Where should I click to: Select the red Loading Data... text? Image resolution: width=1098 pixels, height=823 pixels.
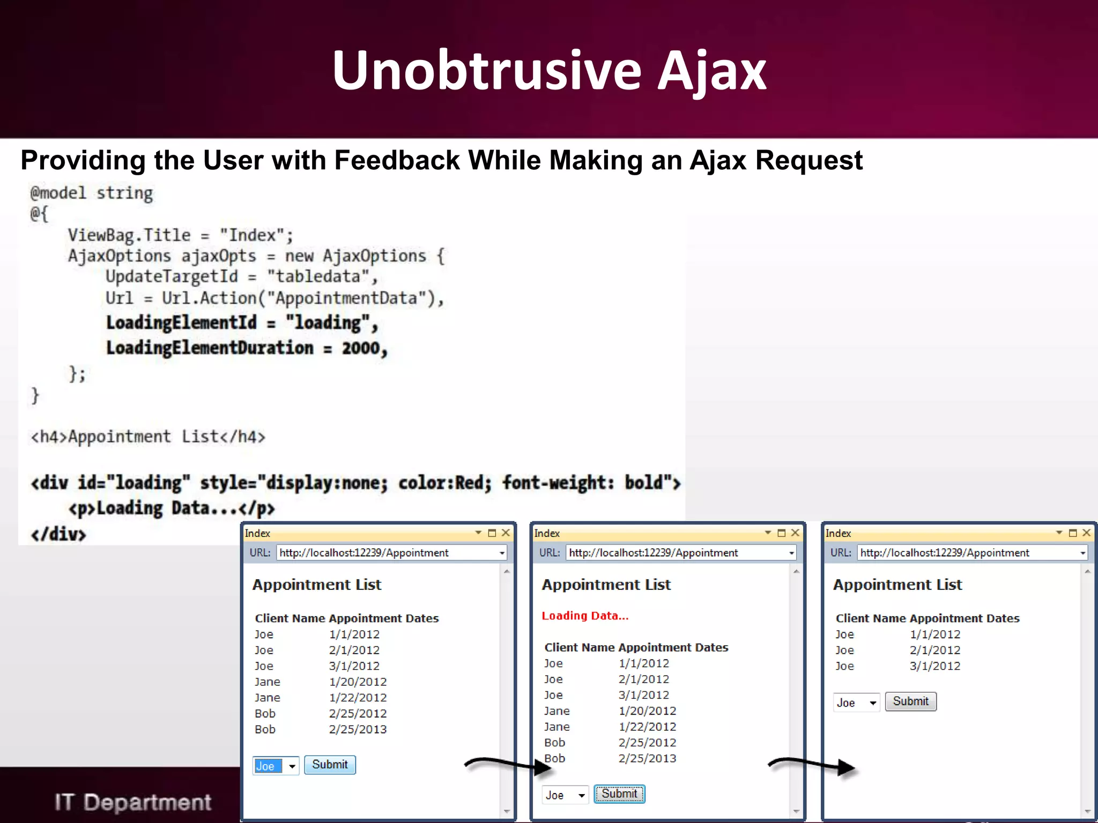585,616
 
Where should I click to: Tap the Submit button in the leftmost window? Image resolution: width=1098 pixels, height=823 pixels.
330,765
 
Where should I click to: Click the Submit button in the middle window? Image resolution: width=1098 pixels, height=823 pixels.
619,794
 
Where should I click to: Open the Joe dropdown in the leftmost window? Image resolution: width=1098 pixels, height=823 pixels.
292,766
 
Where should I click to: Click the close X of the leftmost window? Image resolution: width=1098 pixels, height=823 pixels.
506,533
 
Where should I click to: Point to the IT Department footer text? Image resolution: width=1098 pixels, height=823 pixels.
132,802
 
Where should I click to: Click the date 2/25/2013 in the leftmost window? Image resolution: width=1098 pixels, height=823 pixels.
358,729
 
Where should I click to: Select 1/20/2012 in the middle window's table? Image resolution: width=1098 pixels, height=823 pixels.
647,711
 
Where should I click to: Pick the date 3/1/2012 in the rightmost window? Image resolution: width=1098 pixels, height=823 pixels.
935,666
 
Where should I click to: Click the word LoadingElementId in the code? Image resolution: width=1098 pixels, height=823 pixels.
181,323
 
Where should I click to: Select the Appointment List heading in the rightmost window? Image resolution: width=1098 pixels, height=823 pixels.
897,585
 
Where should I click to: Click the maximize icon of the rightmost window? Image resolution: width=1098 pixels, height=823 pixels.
1073,533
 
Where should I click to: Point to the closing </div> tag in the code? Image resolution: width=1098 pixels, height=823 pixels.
58,534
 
